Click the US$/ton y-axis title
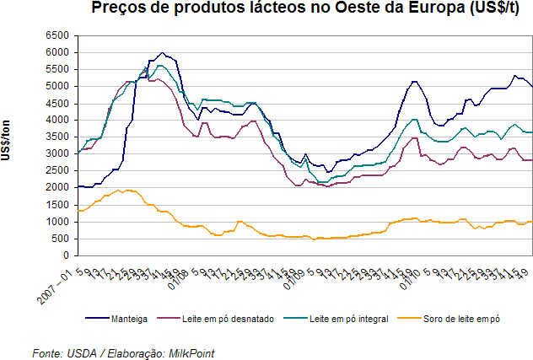pyautogui.click(x=7, y=143)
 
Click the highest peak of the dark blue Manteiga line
pyautogui.click(x=163, y=52)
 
